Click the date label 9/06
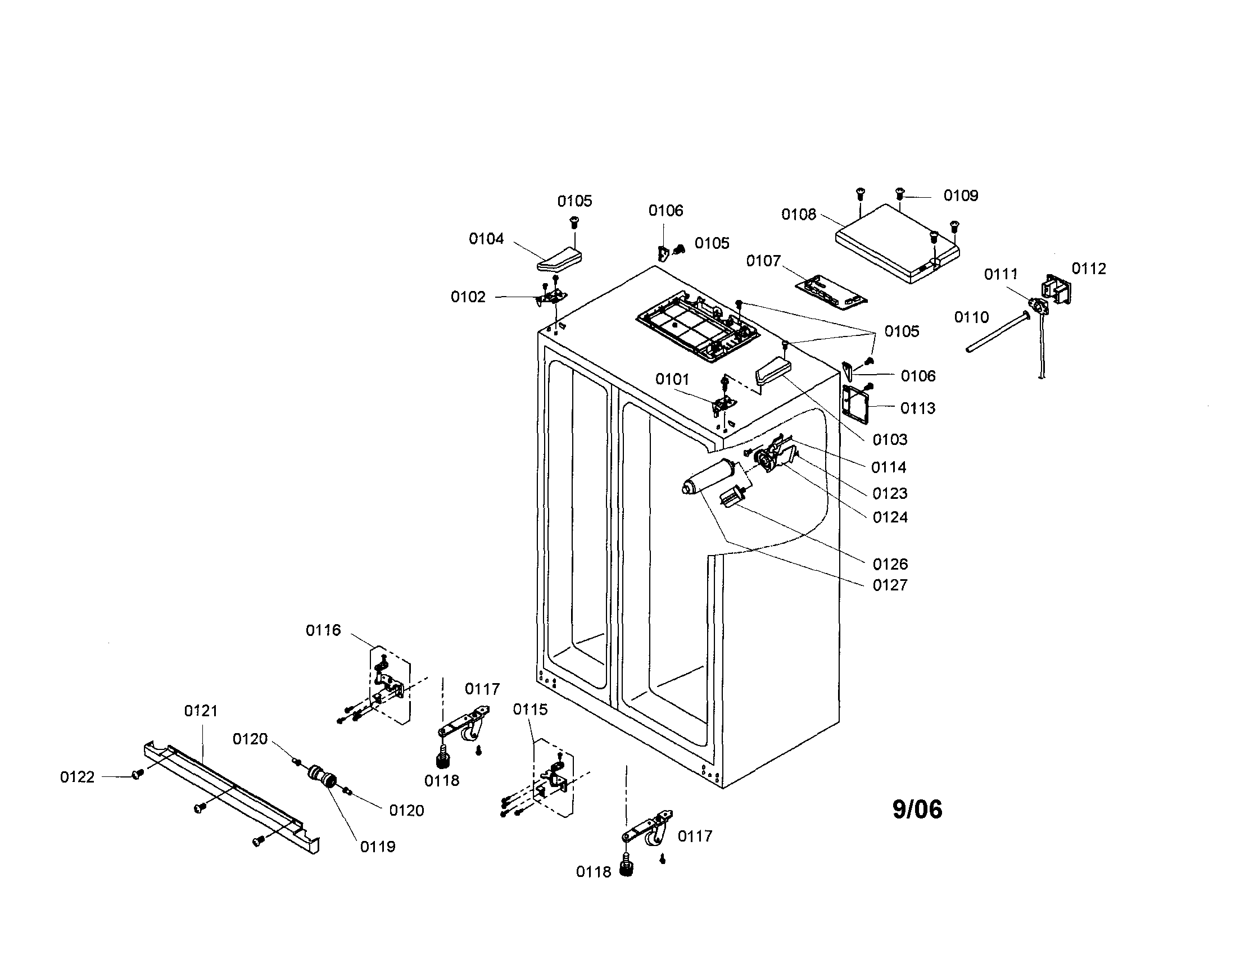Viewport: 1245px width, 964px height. click(917, 810)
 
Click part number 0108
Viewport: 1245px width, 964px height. click(799, 214)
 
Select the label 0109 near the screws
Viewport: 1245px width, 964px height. click(961, 195)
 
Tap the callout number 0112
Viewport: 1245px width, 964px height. click(1088, 269)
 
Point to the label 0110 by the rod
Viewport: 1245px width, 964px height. click(971, 317)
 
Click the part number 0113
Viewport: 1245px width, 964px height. click(918, 408)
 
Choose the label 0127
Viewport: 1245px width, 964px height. click(890, 585)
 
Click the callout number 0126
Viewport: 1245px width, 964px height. click(890, 564)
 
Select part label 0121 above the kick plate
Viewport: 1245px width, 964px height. click(201, 711)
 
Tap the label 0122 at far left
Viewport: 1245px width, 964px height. click(77, 777)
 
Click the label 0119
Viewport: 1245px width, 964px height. click(377, 847)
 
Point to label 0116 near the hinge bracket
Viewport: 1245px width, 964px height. click(323, 630)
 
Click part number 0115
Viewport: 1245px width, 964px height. click(530, 710)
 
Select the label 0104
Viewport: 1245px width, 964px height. click(486, 239)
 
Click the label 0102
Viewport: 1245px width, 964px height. click(468, 297)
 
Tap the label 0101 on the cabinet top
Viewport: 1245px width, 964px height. click(672, 379)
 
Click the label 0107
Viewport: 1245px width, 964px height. click(763, 260)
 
